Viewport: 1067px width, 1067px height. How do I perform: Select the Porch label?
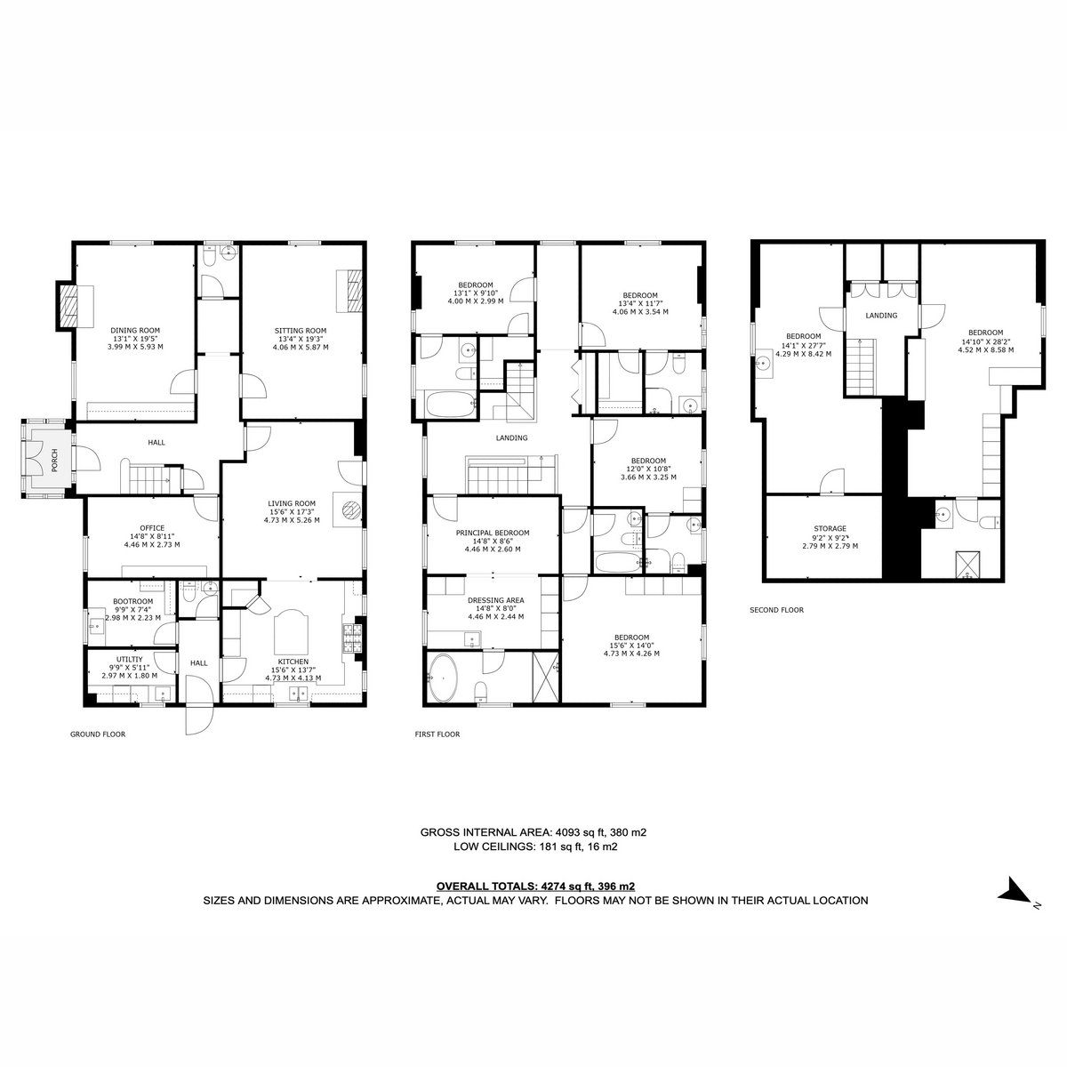pyautogui.click(x=54, y=461)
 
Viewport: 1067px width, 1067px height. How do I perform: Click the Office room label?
pyautogui.click(x=152, y=527)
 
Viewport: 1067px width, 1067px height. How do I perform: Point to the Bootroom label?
pyautogui.click(x=132, y=601)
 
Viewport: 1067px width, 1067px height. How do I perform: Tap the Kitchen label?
pyautogui.click(x=293, y=662)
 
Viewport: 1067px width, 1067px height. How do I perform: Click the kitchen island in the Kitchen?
pyautogui.click(x=292, y=632)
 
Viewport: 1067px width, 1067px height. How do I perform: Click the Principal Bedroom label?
pyautogui.click(x=493, y=533)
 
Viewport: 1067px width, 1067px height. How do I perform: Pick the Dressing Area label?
pyautogui.click(x=495, y=599)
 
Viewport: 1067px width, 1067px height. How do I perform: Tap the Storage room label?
pyautogui.click(x=830, y=529)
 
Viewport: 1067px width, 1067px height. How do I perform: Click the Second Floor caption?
pyautogui.click(x=776, y=610)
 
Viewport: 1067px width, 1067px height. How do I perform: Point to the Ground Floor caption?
pyautogui.click(x=98, y=734)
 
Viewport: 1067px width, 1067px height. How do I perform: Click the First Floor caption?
pyautogui.click(x=437, y=734)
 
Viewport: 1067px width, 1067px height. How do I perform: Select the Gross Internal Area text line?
pyautogui.click(x=533, y=832)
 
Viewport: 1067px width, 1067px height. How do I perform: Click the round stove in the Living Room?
pyautogui.click(x=350, y=509)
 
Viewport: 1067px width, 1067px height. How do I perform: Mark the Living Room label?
pyautogui.click(x=292, y=503)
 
